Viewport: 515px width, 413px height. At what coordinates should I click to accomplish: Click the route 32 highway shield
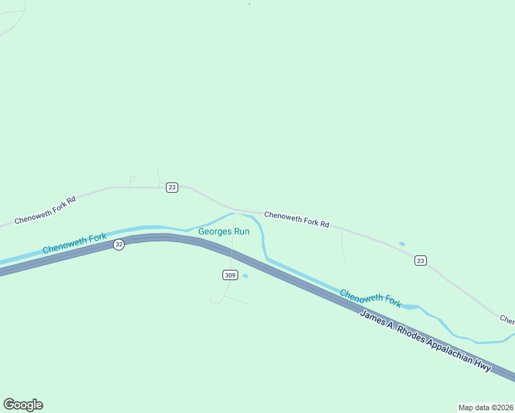[119, 245]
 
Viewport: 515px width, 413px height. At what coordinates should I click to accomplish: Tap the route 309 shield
[231, 275]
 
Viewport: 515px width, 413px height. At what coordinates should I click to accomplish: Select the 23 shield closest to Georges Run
[172, 187]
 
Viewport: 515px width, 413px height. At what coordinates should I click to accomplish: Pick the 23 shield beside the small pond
[421, 260]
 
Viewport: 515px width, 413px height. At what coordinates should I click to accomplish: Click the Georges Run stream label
[224, 231]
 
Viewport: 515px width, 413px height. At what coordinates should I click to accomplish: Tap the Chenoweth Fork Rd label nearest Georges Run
[297, 220]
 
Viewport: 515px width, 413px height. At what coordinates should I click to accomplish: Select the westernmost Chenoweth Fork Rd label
[45, 209]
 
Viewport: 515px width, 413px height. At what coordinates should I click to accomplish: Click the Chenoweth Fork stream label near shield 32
[74, 243]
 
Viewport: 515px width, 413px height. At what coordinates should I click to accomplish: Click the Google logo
[23, 405]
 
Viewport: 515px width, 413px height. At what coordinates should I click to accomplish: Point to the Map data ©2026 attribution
[485, 407]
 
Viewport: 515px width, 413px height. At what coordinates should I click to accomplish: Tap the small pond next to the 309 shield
[245, 277]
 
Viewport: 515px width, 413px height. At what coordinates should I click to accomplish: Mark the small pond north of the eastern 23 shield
[401, 244]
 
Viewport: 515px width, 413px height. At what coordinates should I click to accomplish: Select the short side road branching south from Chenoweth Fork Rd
[343, 246]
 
